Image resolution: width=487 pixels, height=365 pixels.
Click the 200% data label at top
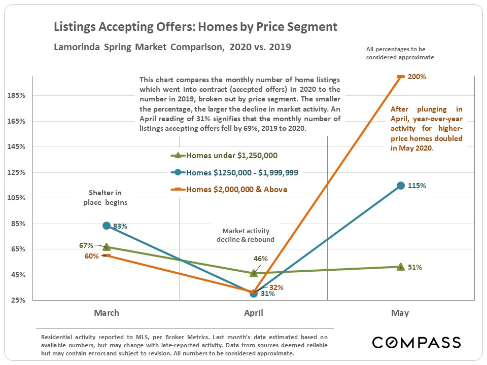(415, 77)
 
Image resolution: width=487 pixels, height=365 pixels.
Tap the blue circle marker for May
(400, 186)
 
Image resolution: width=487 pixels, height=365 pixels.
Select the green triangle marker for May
(400, 267)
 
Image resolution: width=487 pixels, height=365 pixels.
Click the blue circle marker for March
(106, 226)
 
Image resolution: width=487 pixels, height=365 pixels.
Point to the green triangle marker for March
(106, 247)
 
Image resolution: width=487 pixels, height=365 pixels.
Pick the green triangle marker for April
(253, 273)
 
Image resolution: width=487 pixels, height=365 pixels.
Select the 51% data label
(415, 267)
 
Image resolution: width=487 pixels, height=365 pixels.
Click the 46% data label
(260, 259)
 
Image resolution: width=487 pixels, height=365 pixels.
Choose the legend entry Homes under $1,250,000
(231, 156)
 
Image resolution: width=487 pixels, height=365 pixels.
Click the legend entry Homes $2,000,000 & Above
(236, 190)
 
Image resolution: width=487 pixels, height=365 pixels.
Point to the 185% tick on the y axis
(18, 96)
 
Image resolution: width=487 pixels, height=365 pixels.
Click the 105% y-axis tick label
(18, 198)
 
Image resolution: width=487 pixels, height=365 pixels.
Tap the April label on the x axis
(253, 313)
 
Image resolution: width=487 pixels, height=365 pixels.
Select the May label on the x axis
(400, 313)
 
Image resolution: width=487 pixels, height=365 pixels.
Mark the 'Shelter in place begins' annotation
(106, 198)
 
